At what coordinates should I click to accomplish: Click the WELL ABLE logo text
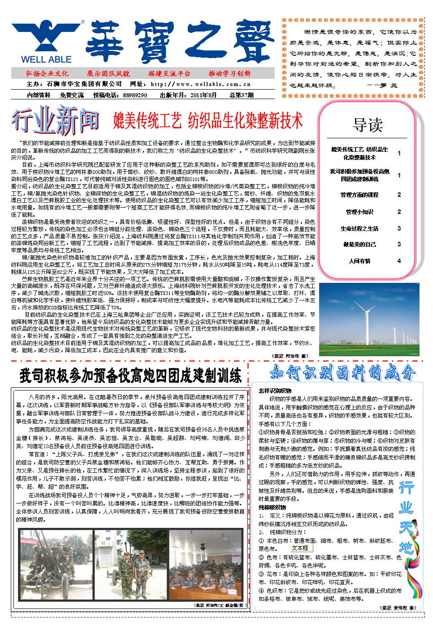[x=46, y=59]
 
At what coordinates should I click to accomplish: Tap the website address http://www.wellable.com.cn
[x=201, y=84]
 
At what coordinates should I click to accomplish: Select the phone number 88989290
[x=135, y=95]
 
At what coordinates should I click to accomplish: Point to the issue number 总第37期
[x=241, y=95]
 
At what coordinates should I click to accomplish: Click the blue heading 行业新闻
[x=55, y=121]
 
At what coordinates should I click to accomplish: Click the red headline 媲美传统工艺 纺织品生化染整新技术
[x=208, y=121]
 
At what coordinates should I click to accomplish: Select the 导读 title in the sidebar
[x=368, y=125]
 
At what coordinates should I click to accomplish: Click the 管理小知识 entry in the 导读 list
[x=359, y=212]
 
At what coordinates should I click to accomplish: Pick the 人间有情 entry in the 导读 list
[x=359, y=261]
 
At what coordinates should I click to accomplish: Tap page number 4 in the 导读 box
[x=399, y=261]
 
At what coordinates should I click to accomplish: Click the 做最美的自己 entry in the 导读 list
[x=359, y=245]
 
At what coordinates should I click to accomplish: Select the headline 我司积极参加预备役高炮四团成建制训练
[x=131, y=376]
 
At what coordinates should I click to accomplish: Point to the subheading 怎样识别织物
[x=275, y=391]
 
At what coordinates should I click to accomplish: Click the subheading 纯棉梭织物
[x=272, y=507]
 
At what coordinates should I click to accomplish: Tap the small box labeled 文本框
[x=300, y=548]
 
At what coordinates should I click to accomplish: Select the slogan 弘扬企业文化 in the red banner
[x=47, y=73]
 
